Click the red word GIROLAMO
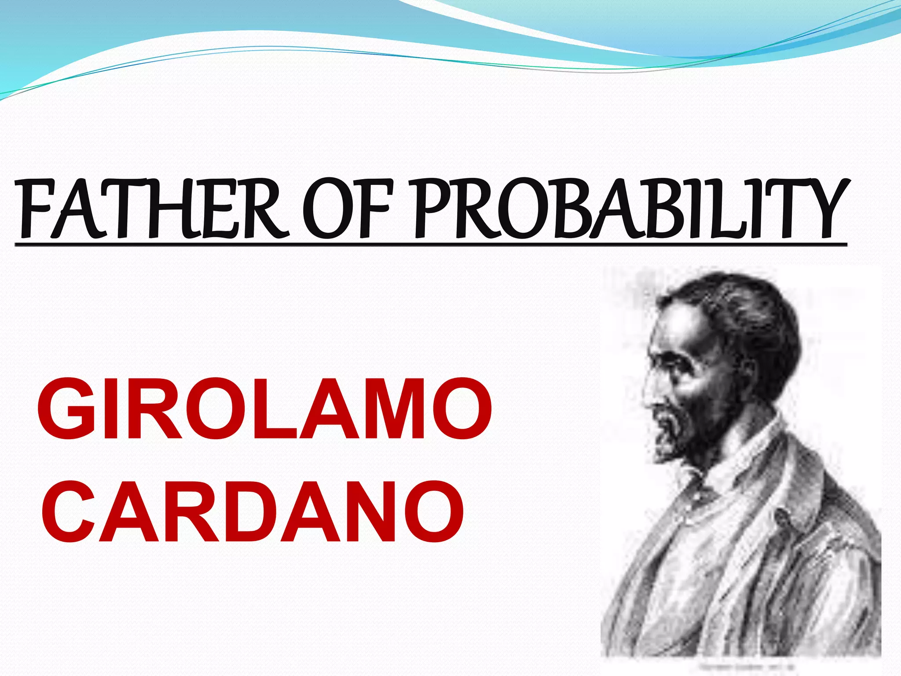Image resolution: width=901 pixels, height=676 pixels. [x=264, y=410]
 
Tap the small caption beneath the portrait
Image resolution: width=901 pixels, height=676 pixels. [x=744, y=667]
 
